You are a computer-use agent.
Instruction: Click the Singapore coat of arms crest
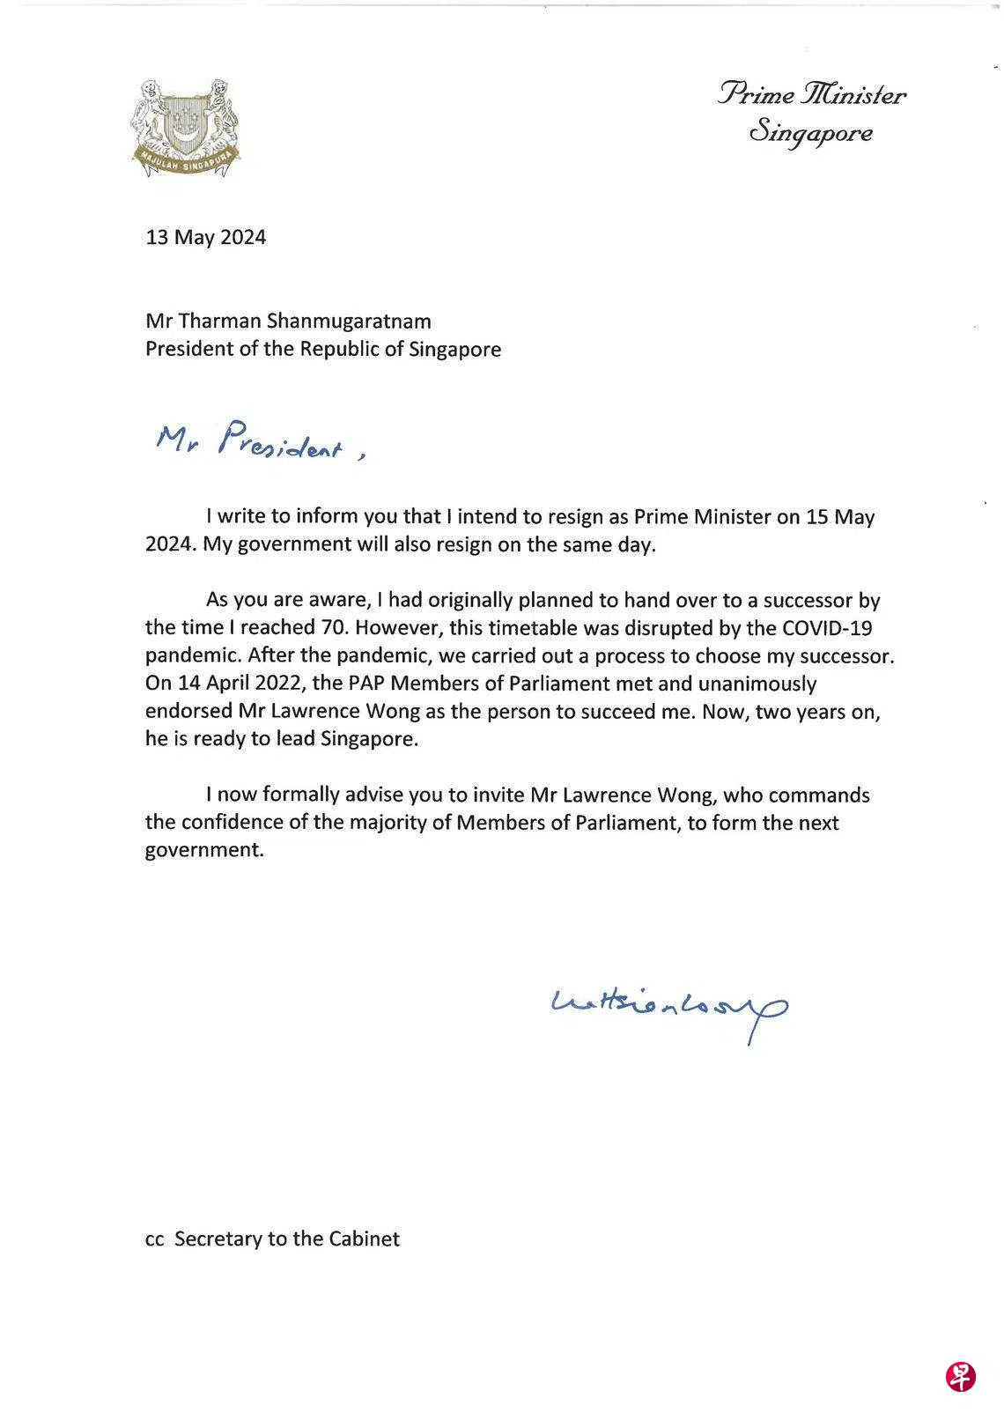(185, 129)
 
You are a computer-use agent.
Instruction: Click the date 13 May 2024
(205, 237)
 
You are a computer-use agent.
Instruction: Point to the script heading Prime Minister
(811, 94)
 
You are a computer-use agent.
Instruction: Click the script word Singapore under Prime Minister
(811, 133)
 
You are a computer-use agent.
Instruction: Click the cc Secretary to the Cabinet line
(272, 1239)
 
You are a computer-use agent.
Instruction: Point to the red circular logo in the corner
(960, 1376)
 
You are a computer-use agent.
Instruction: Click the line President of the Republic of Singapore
(323, 349)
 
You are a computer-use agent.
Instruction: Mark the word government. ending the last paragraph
(204, 851)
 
